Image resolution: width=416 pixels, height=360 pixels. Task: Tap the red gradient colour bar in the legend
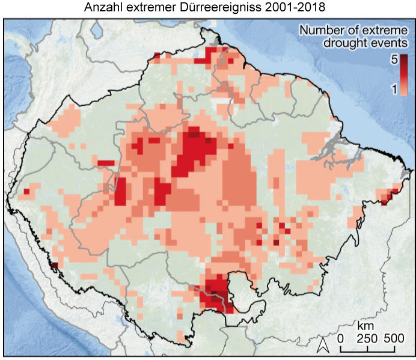404,75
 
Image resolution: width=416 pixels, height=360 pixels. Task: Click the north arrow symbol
322,344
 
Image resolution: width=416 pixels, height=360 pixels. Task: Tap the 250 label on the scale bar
366,338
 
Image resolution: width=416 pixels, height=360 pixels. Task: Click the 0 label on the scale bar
340,338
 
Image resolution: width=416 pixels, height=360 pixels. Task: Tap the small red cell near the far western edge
26,192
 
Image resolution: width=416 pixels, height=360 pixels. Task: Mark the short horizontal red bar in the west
106,163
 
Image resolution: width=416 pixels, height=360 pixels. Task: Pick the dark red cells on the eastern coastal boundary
389,196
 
